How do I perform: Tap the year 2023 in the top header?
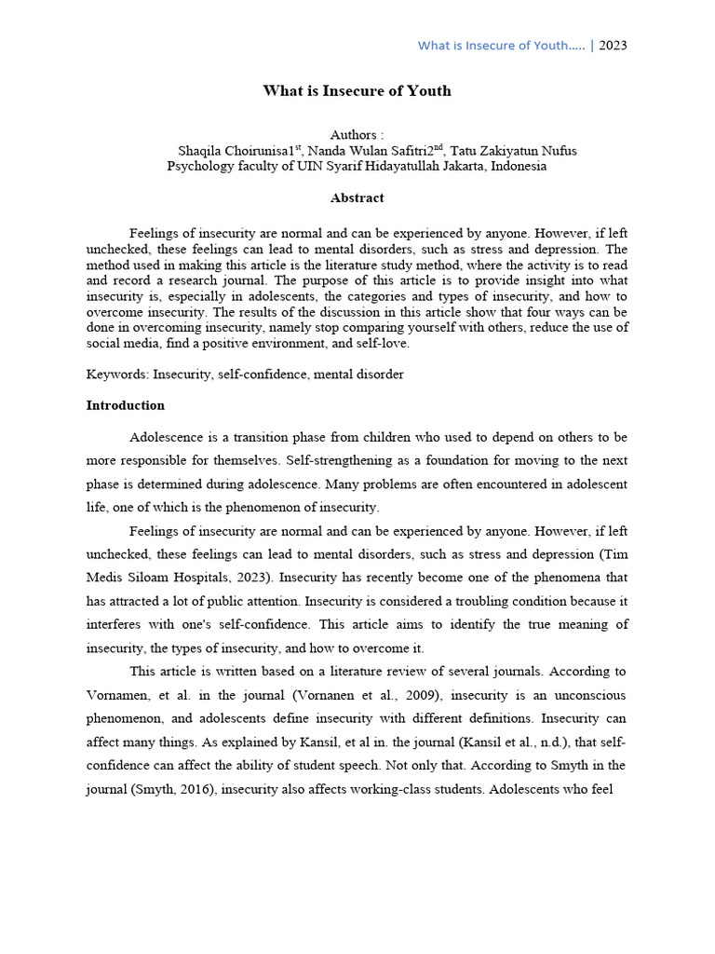(613, 46)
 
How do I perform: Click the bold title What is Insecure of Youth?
(357, 90)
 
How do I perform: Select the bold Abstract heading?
(357, 198)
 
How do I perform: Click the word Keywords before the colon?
(115, 375)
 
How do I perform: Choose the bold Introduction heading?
(126, 405)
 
